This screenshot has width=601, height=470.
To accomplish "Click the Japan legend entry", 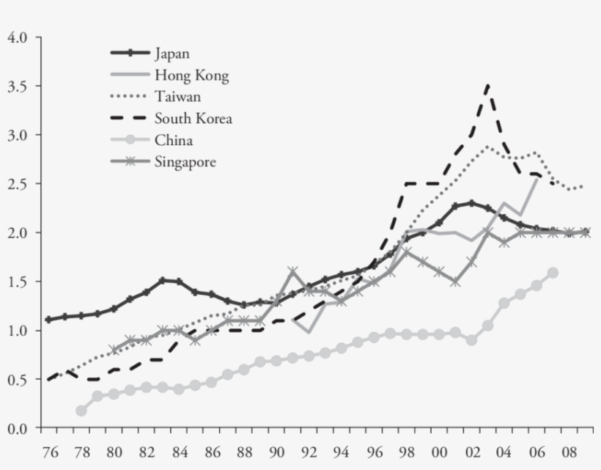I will [173, 53].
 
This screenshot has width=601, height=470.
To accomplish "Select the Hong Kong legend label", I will [191, 75].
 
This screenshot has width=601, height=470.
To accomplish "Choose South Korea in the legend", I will [193, 119].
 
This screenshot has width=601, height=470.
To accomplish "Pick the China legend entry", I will [174, 141].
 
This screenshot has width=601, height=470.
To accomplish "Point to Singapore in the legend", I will [185, 162].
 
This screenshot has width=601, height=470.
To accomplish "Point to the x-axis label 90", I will [277, 448].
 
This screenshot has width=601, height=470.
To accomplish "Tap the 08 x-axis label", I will [569, 448].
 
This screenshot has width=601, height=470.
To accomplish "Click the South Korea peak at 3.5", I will [487, 86].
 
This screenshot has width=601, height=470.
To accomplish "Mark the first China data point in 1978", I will [81, 411].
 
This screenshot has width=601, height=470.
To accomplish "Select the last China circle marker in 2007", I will [553, 273].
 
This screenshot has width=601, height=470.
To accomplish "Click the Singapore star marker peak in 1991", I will [292, 271].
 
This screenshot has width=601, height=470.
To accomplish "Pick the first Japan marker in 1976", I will [48, 320].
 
